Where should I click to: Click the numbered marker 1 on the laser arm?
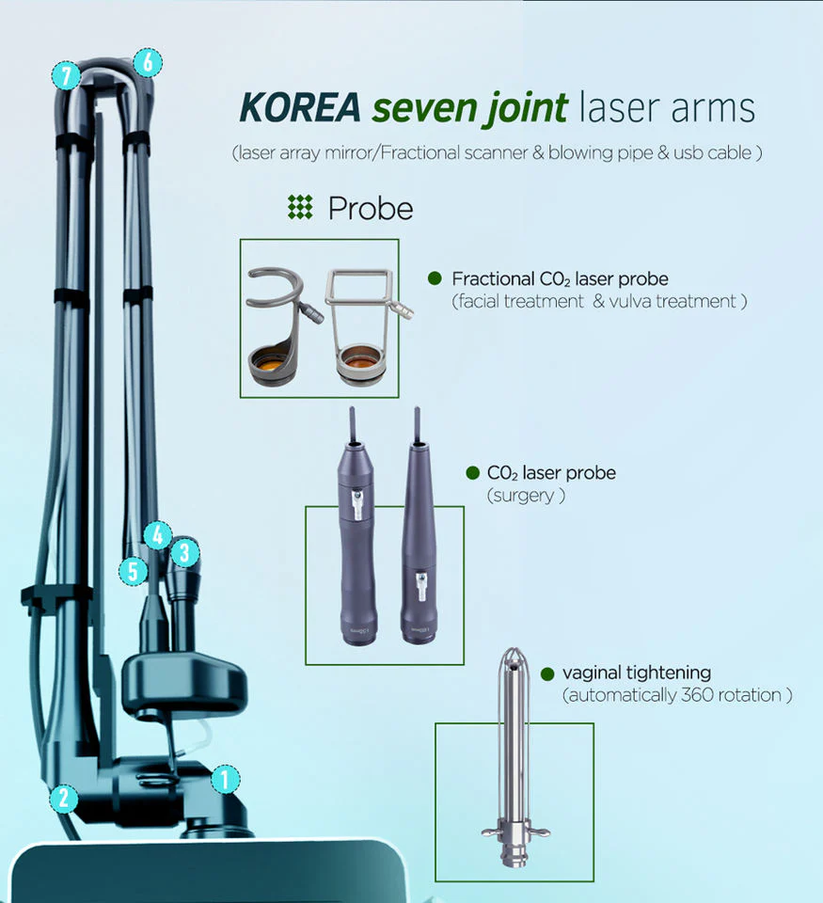225,779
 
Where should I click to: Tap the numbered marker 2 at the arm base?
63,798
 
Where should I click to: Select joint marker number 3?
184,552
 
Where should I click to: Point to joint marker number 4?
157,535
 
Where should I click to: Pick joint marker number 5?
133,571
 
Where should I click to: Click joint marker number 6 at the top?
148,62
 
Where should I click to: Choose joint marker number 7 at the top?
66,75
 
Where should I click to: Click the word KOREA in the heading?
300,107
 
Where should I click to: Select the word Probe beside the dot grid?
371,209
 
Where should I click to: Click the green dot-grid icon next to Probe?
300,207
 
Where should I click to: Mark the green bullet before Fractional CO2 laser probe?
435,278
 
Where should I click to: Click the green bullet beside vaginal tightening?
547,673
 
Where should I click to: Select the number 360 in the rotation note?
697,695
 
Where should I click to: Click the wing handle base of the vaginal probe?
514,832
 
